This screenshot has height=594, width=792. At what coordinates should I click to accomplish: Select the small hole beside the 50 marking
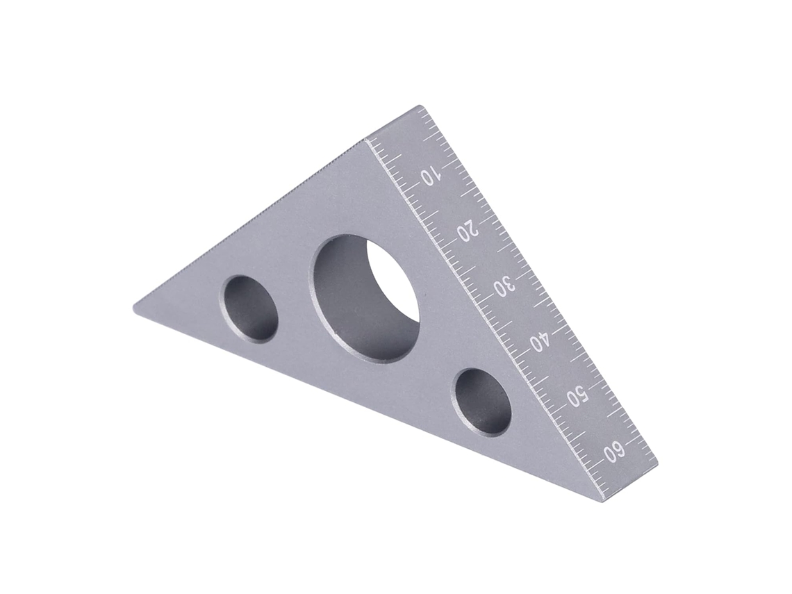pyautogui.click(x=482, y=402)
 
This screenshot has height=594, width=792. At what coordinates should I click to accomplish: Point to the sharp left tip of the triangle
pyautogui.click(x=133, y=311)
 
